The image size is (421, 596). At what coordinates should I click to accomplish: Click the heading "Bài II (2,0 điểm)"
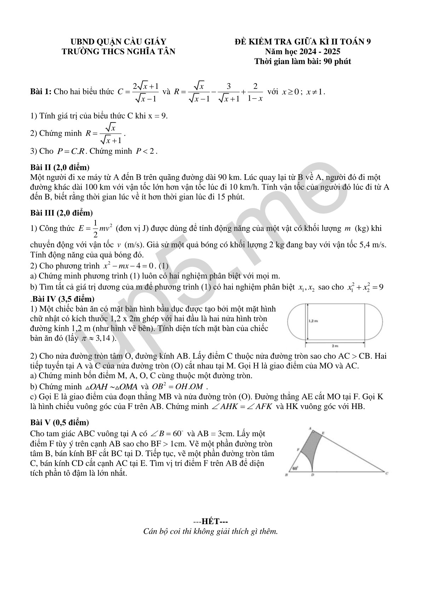pyautogui.click(x=60, y=167)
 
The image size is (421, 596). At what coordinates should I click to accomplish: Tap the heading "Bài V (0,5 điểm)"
pyautogui.click(x=59, y=422)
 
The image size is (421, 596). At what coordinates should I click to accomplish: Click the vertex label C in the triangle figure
pyautogui.click(x=387, y=473)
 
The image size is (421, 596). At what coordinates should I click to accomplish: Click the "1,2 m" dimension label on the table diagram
pyautogui.click(x=313, y=321)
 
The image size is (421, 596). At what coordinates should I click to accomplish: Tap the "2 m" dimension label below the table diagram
pyautogui.click(x=335, y=345)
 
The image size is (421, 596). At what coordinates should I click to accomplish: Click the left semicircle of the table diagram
pyautogui.click(x=296, y=321)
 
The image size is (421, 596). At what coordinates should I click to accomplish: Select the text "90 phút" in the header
pyautogui.click(x=338, y=61)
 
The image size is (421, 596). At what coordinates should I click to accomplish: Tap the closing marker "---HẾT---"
pyautogui.click(x=210, y=522)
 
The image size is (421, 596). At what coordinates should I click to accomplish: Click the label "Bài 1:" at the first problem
pyautogui.click(x=41, y=92)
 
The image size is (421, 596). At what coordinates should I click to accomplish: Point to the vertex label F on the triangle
pyautogui.click(x=298, y=450)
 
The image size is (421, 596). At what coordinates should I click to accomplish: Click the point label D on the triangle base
pyautogui.click(x=312, y=475)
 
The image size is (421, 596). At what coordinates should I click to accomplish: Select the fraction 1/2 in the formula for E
pyautogui.click(x=95, y=229)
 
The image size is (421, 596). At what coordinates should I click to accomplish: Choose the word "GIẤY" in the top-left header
pyautogui.click(x=155, y=41)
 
